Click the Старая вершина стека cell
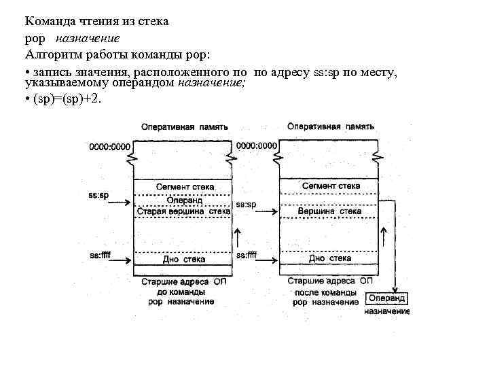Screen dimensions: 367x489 point(184,211)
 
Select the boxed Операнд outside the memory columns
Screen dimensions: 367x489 point(386,298)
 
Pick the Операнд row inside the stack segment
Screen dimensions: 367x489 point(184,200)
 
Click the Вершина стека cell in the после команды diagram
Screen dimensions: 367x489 point(330,211)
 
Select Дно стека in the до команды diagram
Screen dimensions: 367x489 point(184,259)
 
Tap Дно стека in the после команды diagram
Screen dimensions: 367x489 point(330,258)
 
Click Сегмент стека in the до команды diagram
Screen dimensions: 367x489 point(184,186)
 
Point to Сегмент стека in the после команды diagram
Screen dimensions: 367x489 point(331,186)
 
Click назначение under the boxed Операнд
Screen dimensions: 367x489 point(386,311)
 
